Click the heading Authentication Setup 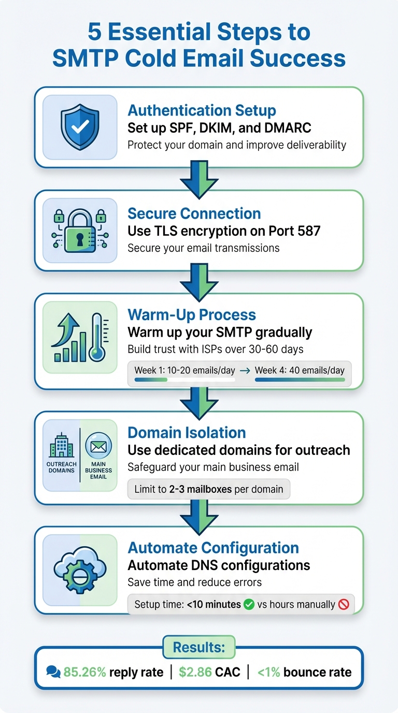click(202, 110)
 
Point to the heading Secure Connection click(194, 213)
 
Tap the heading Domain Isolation click(187, 433)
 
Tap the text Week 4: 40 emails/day click(300, 370)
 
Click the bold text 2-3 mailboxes click(201, 489)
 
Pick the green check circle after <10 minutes click(249, 604)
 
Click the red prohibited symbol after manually click(343, 604)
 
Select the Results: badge click(198, 647)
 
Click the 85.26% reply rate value click(84, 672)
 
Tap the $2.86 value click(195, 672)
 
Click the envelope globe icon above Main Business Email click(98, 445)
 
